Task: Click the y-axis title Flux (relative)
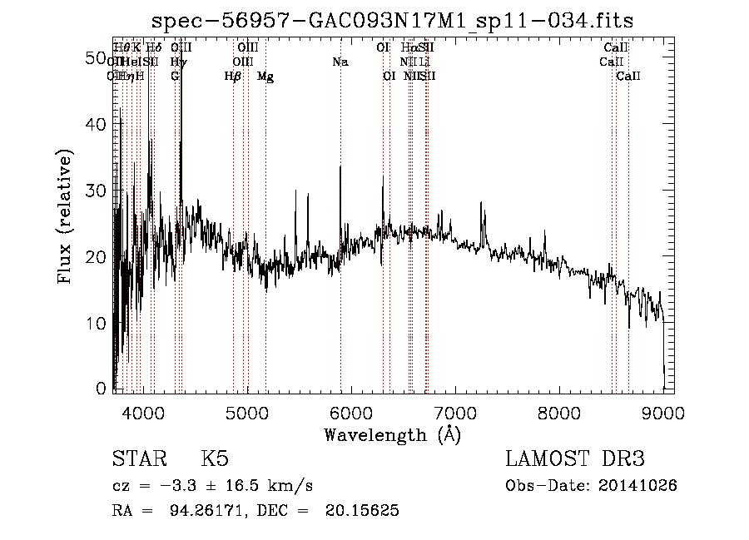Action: click(x=66, y=216)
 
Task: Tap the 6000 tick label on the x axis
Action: click(x=350, y=412)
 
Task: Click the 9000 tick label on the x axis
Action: click(x=662, y=412)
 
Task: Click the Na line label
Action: click(x=340, y=62)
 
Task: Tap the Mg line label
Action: click(x=265, y=77)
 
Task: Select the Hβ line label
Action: click(x=233, y=77)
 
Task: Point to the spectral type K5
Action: click(x=214, y=460)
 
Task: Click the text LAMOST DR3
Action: click(x=575, y=460)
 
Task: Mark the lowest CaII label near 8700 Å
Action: click(x=628, y=77)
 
